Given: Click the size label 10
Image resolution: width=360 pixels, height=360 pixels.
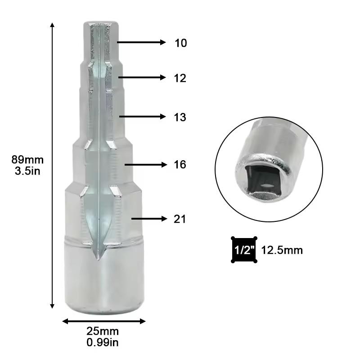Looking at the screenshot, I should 180,43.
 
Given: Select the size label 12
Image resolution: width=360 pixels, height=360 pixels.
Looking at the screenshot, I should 180,78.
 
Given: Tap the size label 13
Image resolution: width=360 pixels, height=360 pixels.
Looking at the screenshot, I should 180,117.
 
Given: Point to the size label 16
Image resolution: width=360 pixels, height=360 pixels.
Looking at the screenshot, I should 180,165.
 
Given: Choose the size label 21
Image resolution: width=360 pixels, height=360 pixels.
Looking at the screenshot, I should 180,219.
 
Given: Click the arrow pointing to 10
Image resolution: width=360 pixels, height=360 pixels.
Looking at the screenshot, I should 142,42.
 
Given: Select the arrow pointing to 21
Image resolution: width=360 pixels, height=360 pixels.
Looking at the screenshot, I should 148,219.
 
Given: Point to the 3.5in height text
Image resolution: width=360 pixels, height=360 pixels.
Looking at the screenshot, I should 28,171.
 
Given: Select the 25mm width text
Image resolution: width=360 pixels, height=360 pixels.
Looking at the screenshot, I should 103,332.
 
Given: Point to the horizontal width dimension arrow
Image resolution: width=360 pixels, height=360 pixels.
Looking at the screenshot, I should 103,321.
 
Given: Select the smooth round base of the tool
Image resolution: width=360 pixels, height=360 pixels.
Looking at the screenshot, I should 103,279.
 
